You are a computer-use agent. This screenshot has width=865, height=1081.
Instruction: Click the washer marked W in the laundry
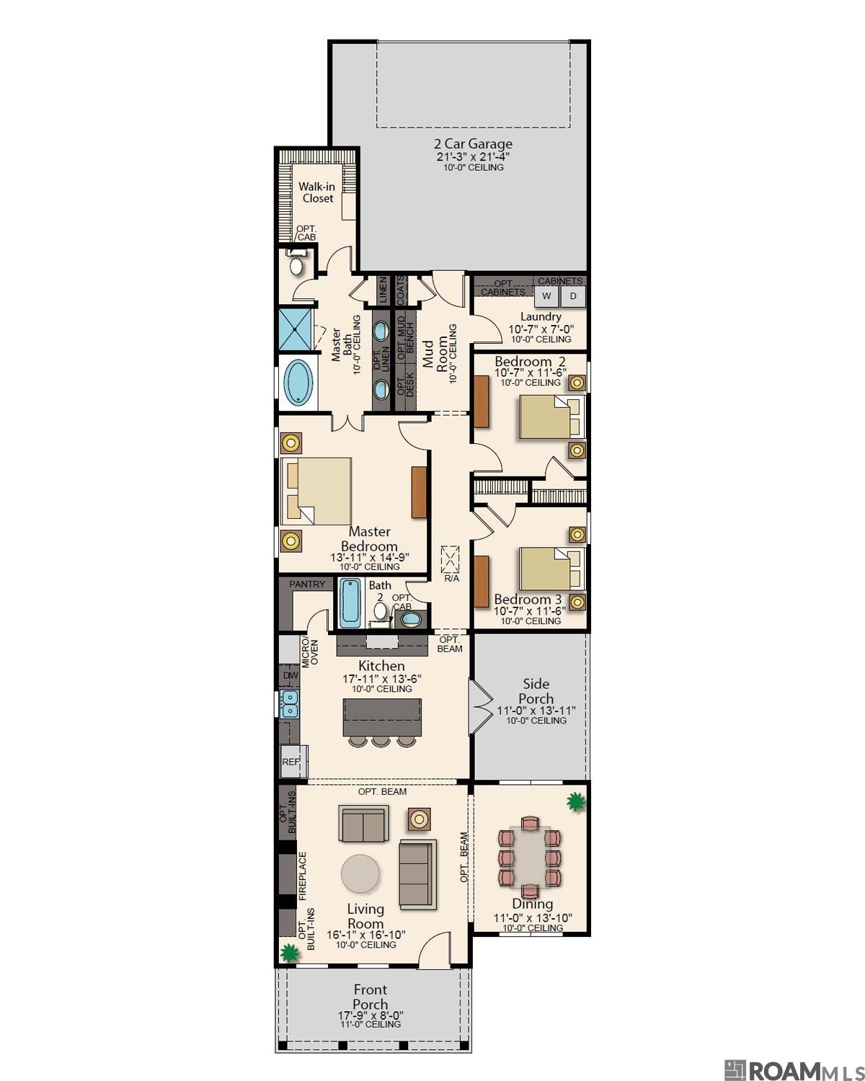click(x=546, y=296)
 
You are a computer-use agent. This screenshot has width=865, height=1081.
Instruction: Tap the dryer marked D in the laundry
click(x=574, y=296)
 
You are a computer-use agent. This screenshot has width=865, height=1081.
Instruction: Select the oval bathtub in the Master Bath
click(x=298, y=381)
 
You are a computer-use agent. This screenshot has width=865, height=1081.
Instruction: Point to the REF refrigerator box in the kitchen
click(x=292, y=761)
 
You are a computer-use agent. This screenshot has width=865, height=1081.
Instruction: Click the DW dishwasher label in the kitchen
click(x=290, y=676)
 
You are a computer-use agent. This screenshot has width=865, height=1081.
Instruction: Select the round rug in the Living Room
click(x=360, y=873)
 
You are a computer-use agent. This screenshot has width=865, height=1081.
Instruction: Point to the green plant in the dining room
click(x=575, y=801)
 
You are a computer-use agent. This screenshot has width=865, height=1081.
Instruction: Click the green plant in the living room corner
click(x=289, y=953)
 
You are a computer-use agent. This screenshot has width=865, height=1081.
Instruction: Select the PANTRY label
click(x=307, y=584)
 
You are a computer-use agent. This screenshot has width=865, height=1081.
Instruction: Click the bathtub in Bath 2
click(x=350, y=602)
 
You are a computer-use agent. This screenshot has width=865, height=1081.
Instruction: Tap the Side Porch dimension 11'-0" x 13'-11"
click(x=536, y=711)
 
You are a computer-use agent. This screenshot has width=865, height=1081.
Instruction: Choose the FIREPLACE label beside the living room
click(x=303, y=876)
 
